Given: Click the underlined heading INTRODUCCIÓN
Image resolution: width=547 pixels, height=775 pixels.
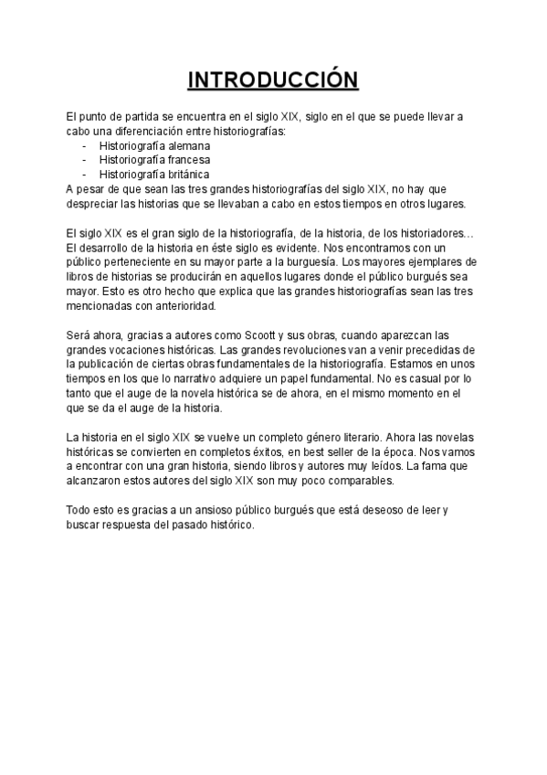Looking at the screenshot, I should pyautogui.click(x=273, y=80).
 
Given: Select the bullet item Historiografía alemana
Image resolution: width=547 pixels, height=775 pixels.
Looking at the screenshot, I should pyautogui.click(x=154, y=145).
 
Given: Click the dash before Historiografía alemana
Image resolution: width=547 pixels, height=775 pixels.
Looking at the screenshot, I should pyautogui.click(x=84, y=145).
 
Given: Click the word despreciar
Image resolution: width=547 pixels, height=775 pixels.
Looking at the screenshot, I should pyautogui.click(x=93, y=203).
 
